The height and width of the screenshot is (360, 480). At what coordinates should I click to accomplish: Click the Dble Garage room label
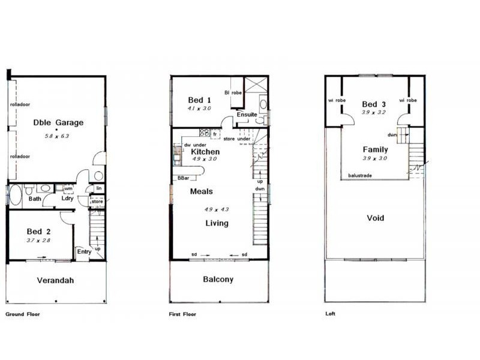(x=58, y=123)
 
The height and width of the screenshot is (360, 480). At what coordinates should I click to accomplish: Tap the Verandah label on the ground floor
(x=55, y=280)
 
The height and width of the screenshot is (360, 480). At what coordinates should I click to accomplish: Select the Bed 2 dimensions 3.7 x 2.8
(x=40, y=240)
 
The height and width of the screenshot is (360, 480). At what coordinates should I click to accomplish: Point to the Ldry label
(x=67, y=199)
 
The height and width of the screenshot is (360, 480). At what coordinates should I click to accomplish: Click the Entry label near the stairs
(x=84, y=251)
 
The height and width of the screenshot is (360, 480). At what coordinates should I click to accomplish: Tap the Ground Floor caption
(x=22, y=314)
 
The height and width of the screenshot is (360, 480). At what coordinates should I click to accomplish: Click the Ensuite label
(x=247, y=115)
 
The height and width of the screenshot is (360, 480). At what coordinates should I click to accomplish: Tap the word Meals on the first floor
(x=202, y=191)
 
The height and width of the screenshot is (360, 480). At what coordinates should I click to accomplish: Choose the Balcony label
(x=218, y=280)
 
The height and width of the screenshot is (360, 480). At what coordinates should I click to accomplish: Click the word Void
(x=376, y=218)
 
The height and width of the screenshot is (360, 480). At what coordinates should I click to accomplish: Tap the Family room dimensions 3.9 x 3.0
(x=374, y=158)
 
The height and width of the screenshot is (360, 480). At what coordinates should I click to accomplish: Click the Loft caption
(x=330, y=314)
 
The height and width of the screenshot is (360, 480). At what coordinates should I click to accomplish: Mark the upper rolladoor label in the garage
(x=20, y=104)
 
